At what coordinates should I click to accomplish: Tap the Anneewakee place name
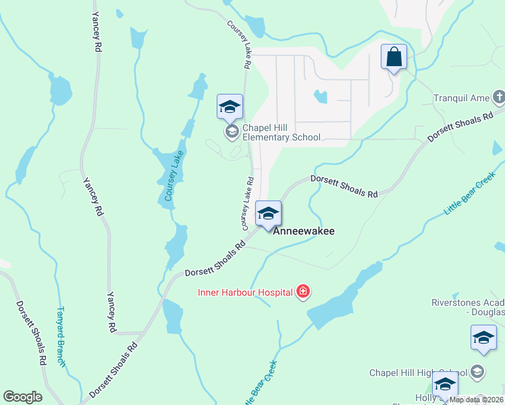pyautogui.click(x=303, y=230)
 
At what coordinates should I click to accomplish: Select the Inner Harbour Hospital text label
pyautogui.click(x=244, y=292)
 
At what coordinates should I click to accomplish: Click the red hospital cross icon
pyautogui.click(x=303, y=292)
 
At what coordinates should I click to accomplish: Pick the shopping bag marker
pyautogui.click(x=394, y=57)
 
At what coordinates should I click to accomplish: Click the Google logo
pyautogui.click(x=22, y=397)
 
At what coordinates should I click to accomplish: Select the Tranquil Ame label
pyautogui.click(x=461, y=99)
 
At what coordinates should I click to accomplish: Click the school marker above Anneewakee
pyautogui.click(x=268, y=214)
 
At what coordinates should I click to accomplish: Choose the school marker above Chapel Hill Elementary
pyautogui.click(x=230, y=107)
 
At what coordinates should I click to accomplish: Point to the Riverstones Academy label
pyautogui.click(x=468, y=307)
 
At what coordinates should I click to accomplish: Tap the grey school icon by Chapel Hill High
pyautogui.click(x=477, y=372)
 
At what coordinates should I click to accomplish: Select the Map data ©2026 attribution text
pyautogui.click(x=475, y=400)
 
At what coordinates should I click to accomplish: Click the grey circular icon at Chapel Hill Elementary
pyautogui.click(x=232, y=131)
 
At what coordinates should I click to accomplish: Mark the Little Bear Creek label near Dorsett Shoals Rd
pyautogui.click(x=470, y=197)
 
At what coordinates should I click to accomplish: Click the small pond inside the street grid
pyautogui.click(x=320, y=97)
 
